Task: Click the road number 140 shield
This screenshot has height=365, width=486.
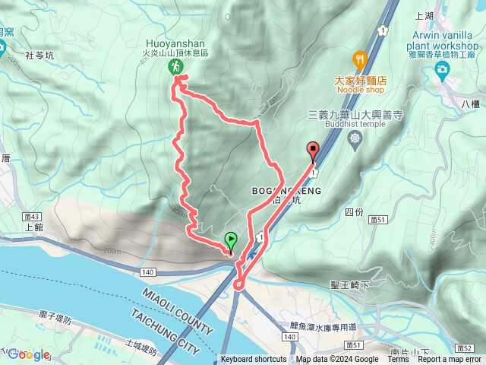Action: [147, 271]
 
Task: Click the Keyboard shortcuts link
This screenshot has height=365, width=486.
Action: [254, 360]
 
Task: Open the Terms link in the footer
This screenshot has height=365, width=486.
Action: [397, 360]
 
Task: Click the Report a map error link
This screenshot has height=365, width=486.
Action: [451, 360]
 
